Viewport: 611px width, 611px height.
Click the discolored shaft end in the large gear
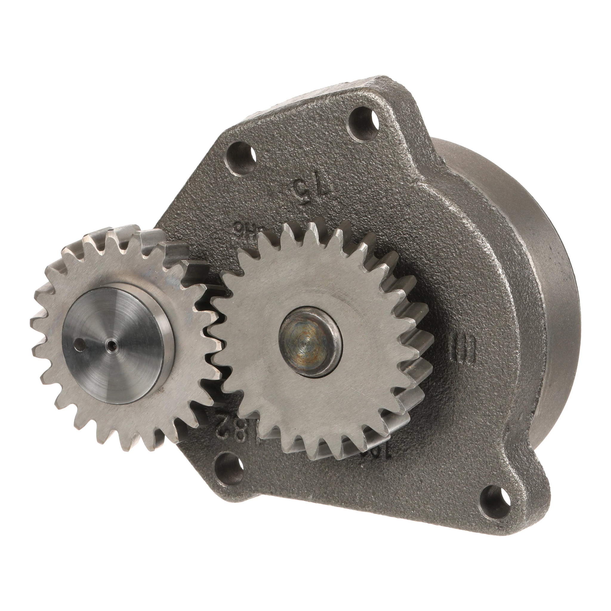pos(309,342)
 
